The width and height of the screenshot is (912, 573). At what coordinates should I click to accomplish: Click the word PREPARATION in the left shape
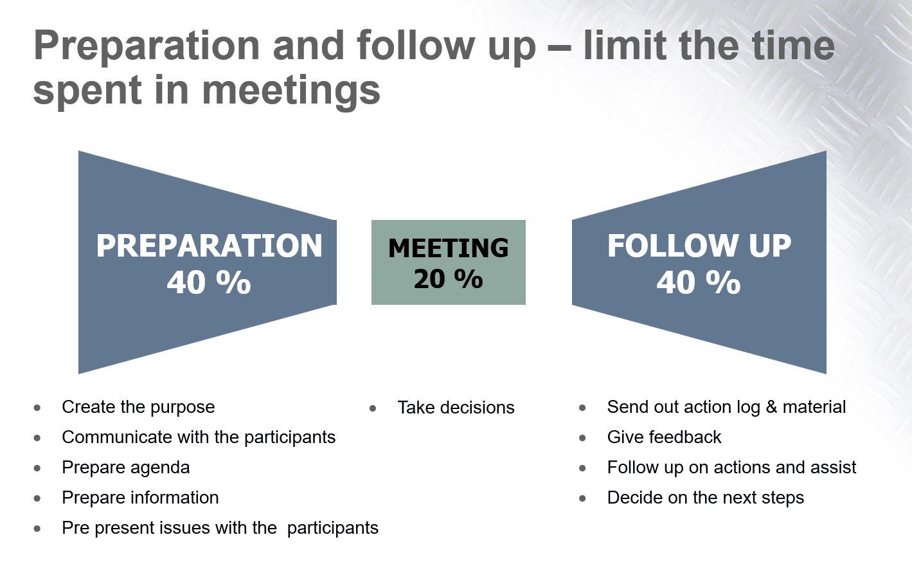point(209,246)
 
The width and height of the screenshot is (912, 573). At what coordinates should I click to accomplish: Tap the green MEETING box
point(448,262)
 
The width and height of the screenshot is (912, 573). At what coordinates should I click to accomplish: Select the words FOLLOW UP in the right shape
point(699,246)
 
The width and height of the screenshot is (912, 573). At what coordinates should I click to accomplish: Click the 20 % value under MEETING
point(448,279)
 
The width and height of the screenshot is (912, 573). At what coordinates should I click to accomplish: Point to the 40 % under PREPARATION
point(209,282)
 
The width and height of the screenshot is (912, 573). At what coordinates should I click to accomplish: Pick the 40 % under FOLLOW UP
point(699,282)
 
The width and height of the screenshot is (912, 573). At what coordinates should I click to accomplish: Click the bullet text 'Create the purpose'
point(138,407)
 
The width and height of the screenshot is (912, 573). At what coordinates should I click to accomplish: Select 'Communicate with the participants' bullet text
point(199,437)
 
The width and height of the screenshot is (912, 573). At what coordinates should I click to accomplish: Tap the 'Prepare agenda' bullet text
point(126,468)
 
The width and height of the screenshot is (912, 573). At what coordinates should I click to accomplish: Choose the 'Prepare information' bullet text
point(141,498)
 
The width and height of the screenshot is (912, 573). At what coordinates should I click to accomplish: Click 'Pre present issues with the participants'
point(220,528)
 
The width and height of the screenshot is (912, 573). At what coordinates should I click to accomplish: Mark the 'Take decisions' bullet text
point(456,408)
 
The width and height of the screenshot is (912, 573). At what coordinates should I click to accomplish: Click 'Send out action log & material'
point(726,407)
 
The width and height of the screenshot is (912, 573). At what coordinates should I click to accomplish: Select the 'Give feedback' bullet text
point(664,437)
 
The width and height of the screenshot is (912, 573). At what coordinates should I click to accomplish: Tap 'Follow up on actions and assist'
point(731,468)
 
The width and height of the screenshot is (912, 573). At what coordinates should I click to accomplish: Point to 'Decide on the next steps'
point(706,498)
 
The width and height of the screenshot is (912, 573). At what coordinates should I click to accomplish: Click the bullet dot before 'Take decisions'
point(373,408)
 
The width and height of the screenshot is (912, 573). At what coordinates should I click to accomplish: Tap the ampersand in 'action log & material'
point(771,407)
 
